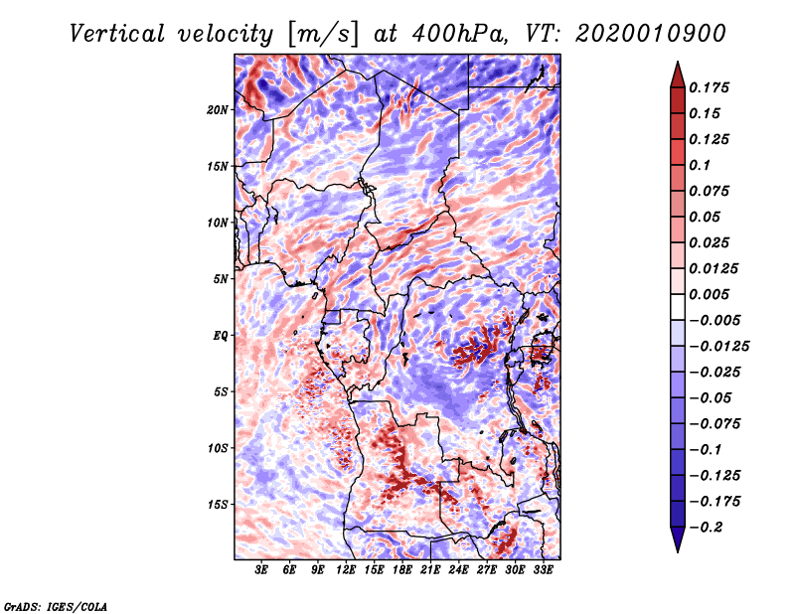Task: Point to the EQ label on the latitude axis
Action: click(221, 335)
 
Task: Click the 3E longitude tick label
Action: click(262, 570)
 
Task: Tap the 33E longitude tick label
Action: click(544, 570)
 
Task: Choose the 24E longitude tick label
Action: click(459, 570)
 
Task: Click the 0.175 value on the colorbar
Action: click(712, 87)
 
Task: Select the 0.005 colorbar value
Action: click(712, 294)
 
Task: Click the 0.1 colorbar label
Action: click(704, 165)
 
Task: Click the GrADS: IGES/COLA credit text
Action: click(55, 605)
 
